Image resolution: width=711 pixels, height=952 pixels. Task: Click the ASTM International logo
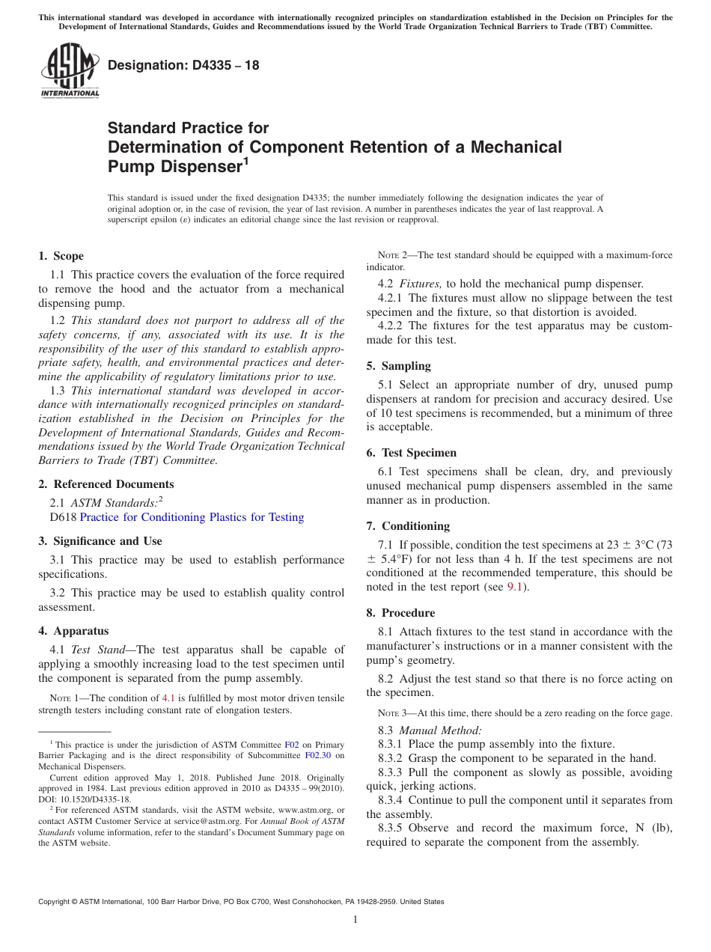(x=69, y=70)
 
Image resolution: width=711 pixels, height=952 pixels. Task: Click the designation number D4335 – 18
(x=183, y=65)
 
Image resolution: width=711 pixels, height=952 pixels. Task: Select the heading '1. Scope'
(x=61, y=256)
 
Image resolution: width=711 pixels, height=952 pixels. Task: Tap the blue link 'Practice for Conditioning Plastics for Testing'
(x=192, y=517)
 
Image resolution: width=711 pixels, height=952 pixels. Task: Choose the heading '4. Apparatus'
(x=73, y=631)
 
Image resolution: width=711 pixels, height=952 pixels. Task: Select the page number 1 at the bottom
(x=355, y=919)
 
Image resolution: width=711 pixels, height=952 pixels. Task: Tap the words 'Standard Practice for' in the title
(x=188, y=128)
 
